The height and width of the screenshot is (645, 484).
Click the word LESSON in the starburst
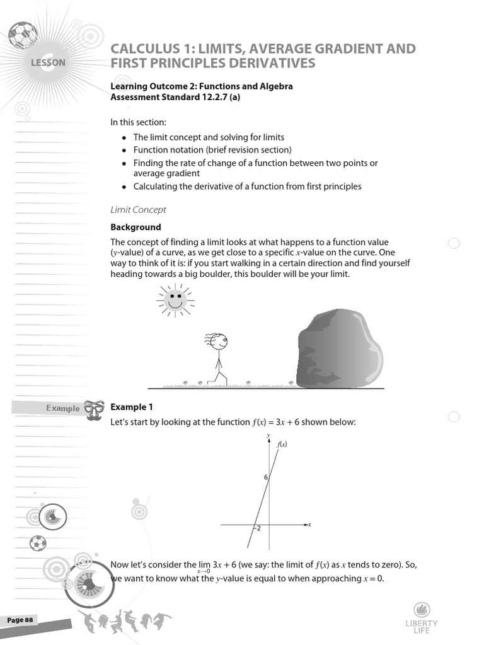click(x=47, y=63)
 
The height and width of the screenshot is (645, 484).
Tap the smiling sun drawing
click(x=176, y=298)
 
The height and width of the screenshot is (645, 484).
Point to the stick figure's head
click(x=219, y=341)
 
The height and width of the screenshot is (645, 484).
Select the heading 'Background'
click(x=135, y=227)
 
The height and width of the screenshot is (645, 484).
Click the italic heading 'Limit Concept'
click(x=138, y=209)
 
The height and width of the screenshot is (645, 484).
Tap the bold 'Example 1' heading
click(x=132, y=407)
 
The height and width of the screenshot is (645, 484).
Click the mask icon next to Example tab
click(x=93, y=410)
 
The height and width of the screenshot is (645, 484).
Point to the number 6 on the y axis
click(x=266, y=477)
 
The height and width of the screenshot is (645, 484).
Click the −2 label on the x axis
click(x=256, y=528)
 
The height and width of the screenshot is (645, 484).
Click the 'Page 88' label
click(x=20, y=620)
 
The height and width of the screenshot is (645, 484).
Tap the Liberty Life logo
click(x=422, y=617)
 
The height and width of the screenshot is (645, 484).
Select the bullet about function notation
click(x=212, y=150)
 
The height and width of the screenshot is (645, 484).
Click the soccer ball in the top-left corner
click(x=23, y=35)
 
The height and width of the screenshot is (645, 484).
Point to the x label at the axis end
click(x=309, y=524)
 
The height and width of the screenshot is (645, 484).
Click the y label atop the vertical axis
click(x=268, y=435)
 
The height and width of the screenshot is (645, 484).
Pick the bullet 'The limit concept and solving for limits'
click(x=208, y=137)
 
